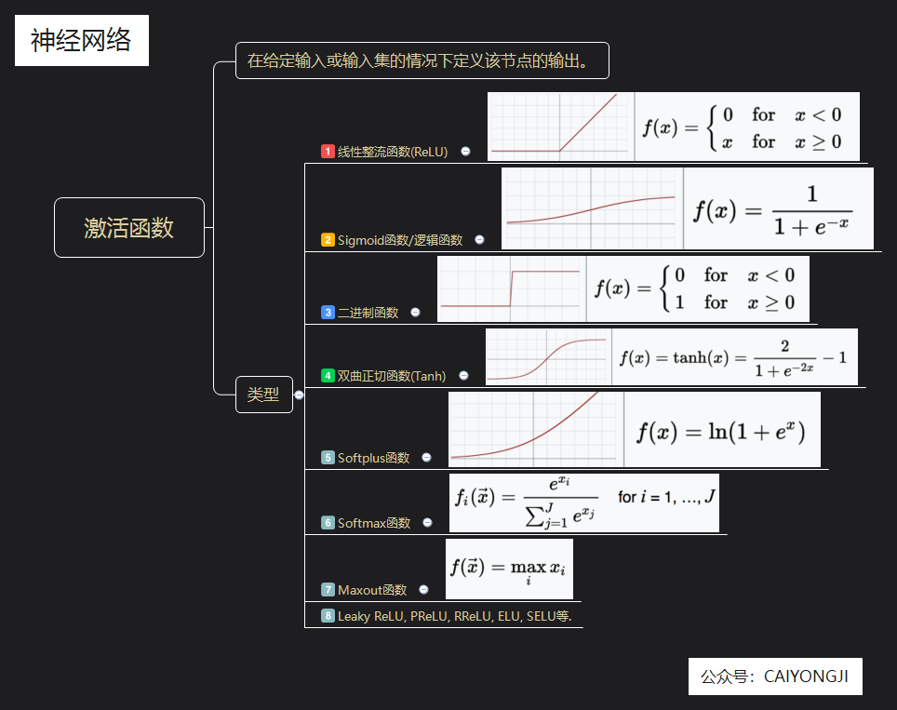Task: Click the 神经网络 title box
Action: [x=82, y=41]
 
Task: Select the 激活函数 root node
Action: [x=129, y=227]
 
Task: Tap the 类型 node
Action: [x=263, y=394]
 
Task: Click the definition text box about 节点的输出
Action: [x=422, y=61]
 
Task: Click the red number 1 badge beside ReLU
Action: [x=328, y=152]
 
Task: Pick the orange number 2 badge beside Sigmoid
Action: [x=328, y=240]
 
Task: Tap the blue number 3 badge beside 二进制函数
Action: [x=328, y=313]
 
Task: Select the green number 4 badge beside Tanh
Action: [x=328, y=376]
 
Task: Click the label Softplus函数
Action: [x=373, y=458]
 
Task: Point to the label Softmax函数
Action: [x=374, y=523]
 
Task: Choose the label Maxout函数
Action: [x=372, y=590]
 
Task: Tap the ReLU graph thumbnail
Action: [x=560, y=127]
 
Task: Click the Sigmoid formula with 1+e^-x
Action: [x=778, y=208]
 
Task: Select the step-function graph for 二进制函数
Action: [x=511, y=288]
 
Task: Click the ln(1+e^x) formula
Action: [x=721, y=430]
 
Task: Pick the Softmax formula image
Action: [x=584, y=502]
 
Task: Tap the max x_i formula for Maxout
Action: [x=509, y=569]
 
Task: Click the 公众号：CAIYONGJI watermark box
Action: [x=775, y=677]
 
